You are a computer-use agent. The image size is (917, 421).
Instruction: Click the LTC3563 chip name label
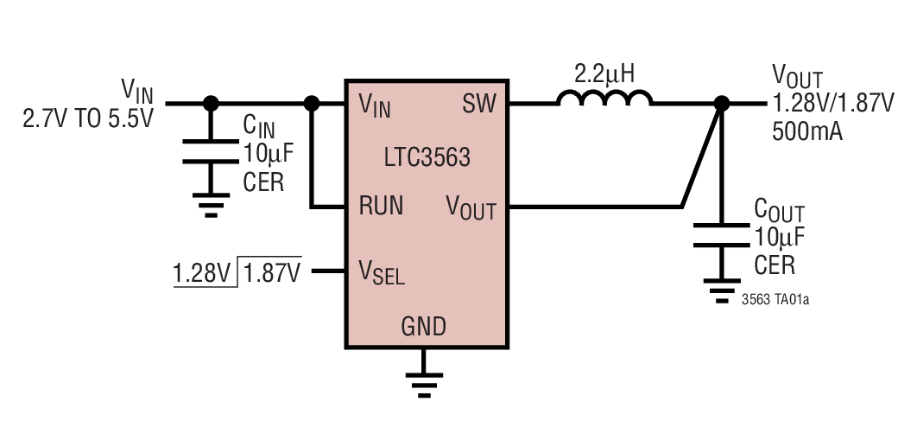pos(427,157)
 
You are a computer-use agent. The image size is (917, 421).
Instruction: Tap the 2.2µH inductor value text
pos(604,73)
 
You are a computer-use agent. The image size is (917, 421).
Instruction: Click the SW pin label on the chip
pos(479,105)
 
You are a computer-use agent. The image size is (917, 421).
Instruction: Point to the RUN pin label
pos(381,207)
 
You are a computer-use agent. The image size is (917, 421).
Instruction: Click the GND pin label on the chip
pos(423,327)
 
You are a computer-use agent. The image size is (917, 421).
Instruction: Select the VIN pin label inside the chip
pos(375,106)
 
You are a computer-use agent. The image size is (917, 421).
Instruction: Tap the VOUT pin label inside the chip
pos(471,207)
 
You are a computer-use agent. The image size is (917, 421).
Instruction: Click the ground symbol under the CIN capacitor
pos(210,206)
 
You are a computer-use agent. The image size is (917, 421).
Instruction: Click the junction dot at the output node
pos(722,104)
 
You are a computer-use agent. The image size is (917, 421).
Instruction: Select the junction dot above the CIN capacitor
pos(210,104)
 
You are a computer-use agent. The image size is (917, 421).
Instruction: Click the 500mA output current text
pos(806,132)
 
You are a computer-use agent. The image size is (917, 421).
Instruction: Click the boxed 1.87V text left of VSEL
pos(272,273)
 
